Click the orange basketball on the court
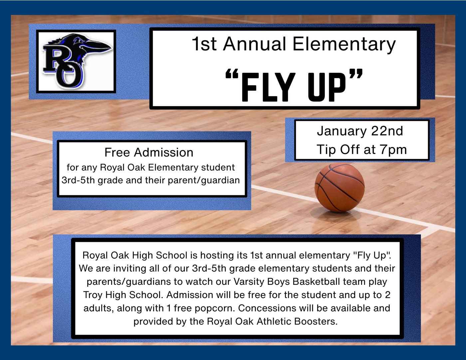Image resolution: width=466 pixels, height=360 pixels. (x=340, y=188)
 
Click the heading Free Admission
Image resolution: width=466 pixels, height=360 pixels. (x=149, y=152)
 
